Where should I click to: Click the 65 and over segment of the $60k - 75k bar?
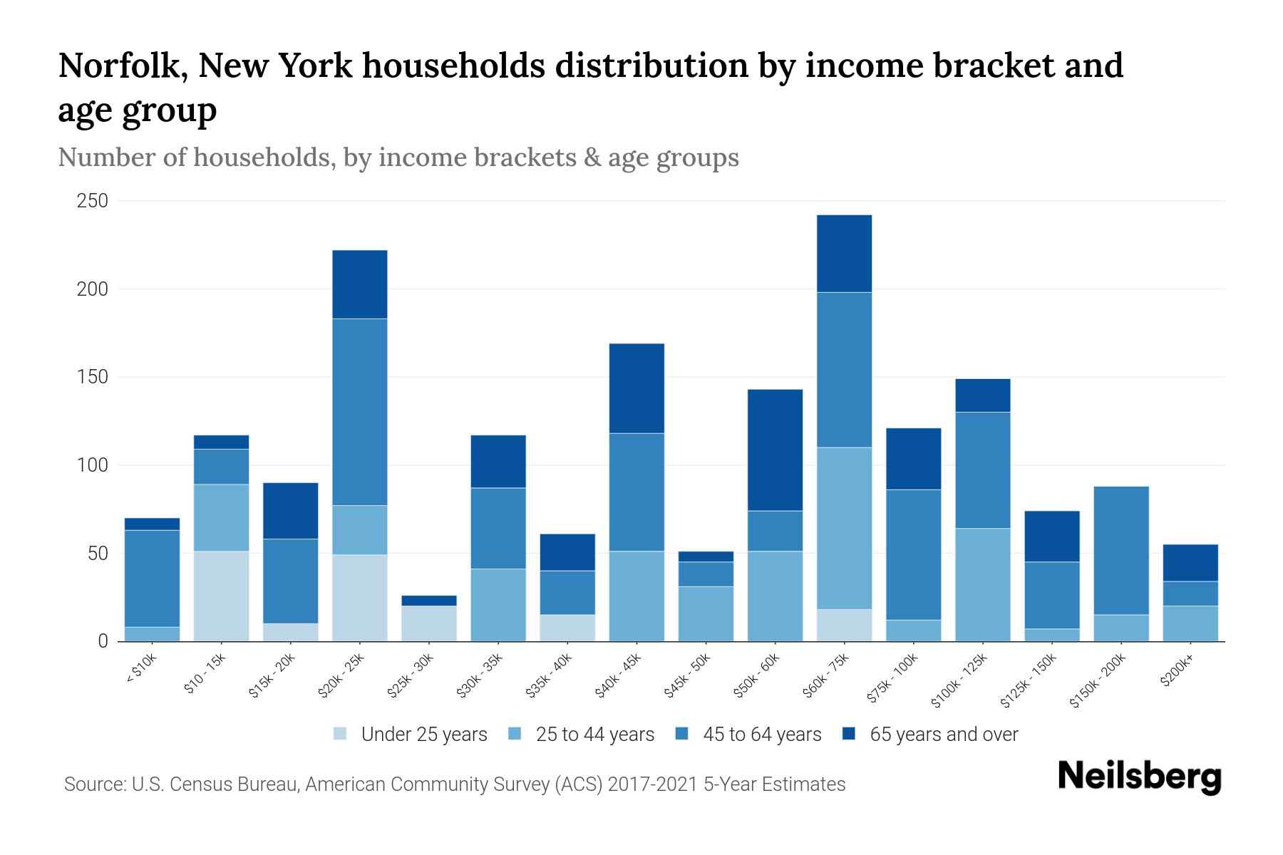(844, 254)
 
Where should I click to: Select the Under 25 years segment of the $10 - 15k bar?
(221, 596)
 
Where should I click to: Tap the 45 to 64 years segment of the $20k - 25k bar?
(360, 412)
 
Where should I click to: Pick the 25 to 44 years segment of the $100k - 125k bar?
(982, 584)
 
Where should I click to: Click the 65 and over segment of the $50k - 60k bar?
(775, 450)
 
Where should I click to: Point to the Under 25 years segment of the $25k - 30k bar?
(429, 623)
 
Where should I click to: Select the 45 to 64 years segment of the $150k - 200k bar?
(1120, 550)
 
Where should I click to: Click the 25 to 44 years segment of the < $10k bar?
(152, 633)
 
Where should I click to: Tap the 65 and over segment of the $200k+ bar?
(1190, 563)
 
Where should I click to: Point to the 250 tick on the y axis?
(93, 201)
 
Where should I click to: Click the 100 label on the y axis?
(93, 465)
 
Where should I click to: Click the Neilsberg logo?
(1139, 777)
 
